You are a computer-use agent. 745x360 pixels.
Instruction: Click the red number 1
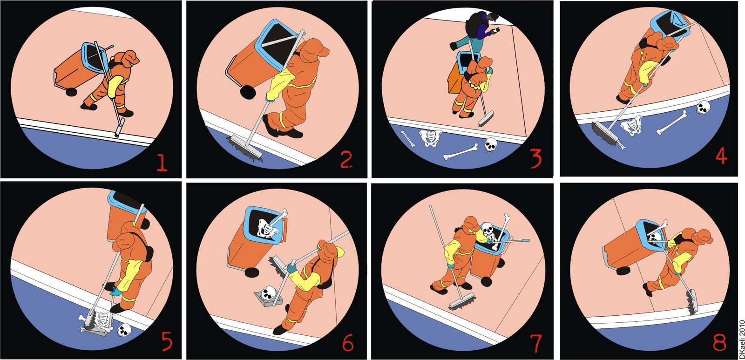pos(162,163)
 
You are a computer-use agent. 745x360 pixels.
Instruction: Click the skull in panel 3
pos(491,145)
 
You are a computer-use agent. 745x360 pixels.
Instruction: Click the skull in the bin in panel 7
pos(488,229)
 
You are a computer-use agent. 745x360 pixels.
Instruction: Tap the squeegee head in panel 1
pos(119,127)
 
